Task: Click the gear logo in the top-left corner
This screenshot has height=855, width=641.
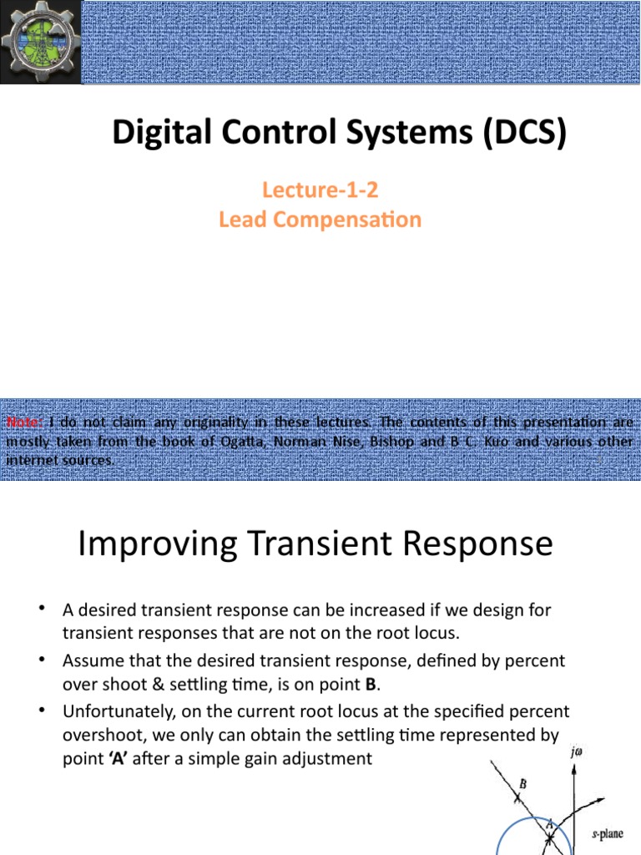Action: pyautogui.click(x=41, y=42)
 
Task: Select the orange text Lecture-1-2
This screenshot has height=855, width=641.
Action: pyautogui.click(x=320, y=190)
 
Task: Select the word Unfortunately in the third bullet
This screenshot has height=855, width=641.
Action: pyautogui.click(x=116, y=711)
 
